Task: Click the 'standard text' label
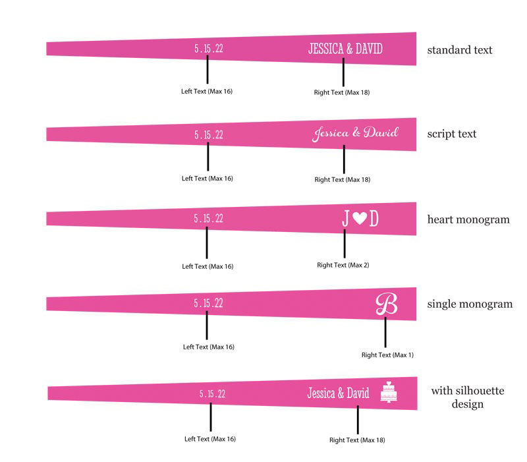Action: pos(459,50)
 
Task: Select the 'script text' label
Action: pos(452,134)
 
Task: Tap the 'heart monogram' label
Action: pos(468,219)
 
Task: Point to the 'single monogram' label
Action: pos(470,304)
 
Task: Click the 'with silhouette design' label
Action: pos(468,397)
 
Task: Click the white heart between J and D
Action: pos(360,218)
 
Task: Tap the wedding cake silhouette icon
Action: pos(389,391)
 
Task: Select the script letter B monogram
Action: pos(387,304)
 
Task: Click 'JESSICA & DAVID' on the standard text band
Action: pos(345,49)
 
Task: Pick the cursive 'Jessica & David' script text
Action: pos(355,134)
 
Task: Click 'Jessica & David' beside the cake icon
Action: pos(338,393)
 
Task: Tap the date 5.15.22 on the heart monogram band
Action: pos(208,219)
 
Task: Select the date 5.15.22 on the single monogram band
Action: pos(208,303)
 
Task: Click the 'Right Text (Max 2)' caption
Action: pos(343,265)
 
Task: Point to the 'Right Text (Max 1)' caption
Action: pos(387,355)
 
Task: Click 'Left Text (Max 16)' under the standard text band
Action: pos(207,91)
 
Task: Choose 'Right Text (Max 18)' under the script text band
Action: pos(342,179)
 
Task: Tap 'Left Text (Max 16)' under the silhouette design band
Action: pos(210,439)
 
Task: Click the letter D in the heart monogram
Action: pos(374,219)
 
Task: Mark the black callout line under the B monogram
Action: pos(385,332)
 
